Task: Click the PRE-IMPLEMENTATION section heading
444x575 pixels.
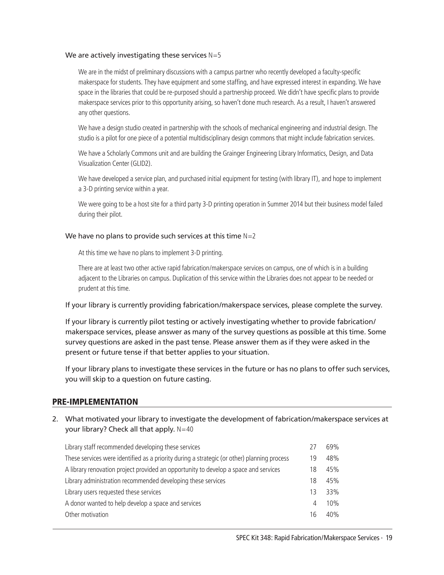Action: point(95,402)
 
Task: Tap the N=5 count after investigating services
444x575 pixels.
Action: point(215,55)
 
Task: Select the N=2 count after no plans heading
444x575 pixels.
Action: point(249,236)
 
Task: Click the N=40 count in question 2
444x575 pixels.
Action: point(185,429)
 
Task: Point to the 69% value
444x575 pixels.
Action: point(332,447)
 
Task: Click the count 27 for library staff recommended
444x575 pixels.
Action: point(313,447)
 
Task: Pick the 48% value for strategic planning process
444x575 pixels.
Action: point(332,458)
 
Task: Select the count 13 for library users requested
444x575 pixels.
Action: point(313,492)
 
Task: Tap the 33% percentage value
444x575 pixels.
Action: point(332,492)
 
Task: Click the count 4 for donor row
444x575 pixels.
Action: point(315,503)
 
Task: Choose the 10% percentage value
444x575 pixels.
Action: point(332,503)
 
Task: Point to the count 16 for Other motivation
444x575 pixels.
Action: point(313,515)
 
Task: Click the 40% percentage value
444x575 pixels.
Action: point(332,515)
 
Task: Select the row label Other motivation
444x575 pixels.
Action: point(87,515)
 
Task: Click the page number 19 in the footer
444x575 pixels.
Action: point(389,538)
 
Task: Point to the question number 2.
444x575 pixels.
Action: point(55,419)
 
